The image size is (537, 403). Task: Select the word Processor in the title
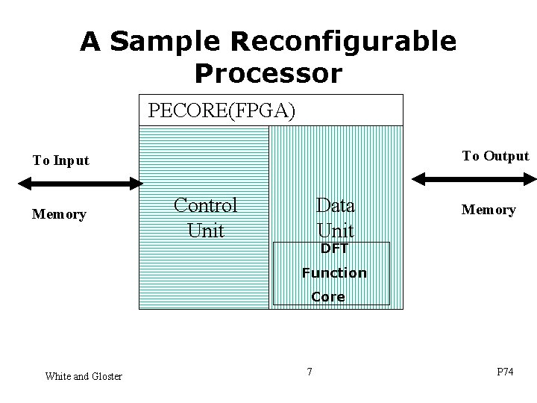(x=268, y=73)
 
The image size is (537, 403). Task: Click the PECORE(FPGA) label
(x=222, y=111)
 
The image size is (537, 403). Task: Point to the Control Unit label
(x=205, y=217)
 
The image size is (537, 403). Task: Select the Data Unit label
(x=335, y=217)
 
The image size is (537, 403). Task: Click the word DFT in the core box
(x=334, y=249)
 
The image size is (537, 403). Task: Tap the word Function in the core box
(x=334, y=273)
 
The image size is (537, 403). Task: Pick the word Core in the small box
(x=328, y=296)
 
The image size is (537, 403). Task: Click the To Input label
(x=60, y=160)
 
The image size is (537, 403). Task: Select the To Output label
(x=495, y=156)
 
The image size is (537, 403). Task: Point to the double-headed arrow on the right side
(x=474, y=178)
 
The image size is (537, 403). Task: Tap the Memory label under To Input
(x=59, y=214)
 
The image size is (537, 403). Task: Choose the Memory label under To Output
(x=489, y=210)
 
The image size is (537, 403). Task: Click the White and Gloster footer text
(x=83, y=376)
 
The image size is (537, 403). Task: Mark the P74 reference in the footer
(x=505, y=372)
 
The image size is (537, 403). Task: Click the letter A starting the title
(x=90, y=43)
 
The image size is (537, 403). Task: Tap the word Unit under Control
(x=205, y=230)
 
